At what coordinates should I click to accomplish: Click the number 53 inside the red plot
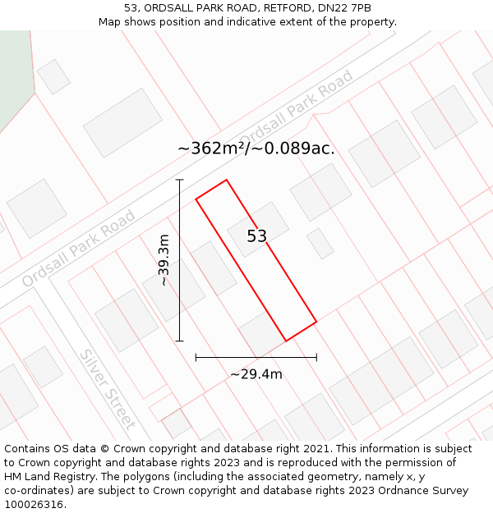coord(257,236)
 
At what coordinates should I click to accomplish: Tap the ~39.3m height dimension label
coord(164,260)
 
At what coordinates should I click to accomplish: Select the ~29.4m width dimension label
coord(256,374)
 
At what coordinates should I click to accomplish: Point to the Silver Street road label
coord(108,389)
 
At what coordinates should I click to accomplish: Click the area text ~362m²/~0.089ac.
coord(256,149)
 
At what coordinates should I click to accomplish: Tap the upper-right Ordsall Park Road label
coord(296,108)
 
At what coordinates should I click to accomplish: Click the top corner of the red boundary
coord(226,180)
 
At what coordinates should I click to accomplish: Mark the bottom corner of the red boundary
coord(286,341)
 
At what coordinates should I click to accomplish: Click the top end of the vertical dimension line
coord(179,180)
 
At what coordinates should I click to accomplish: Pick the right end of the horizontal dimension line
coord(316,357)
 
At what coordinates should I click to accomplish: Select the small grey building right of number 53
coord(320,244)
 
